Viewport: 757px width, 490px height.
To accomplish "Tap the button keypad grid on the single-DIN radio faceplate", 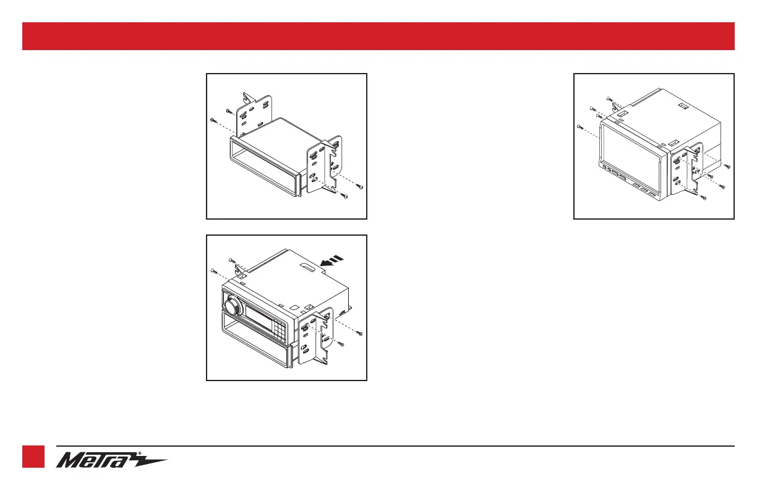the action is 280,333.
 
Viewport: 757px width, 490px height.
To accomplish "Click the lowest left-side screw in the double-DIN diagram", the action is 579,126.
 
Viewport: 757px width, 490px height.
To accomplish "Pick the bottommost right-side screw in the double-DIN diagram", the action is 704,198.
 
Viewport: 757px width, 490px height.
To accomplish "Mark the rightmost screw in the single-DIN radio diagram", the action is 361,334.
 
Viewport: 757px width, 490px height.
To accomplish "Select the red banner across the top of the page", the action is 378,36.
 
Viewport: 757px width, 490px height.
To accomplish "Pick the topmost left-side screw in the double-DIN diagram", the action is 609,98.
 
